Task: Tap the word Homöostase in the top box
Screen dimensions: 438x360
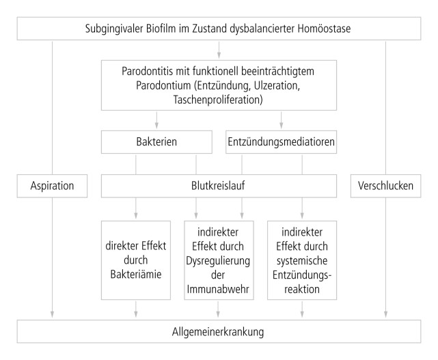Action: [x=324, y=29]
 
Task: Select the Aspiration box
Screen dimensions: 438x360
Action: [x=52, y=186]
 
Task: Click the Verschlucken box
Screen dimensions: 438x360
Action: [x=386, y=186]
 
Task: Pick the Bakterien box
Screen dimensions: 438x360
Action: [x=156, y=142]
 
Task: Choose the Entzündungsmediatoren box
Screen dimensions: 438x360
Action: [x=281, y=142]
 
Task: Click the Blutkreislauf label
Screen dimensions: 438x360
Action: [x=218, y=186]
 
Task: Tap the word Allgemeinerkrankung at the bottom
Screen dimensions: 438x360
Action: [x=218, y=332]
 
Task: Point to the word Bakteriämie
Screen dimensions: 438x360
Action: [x=136, y=274]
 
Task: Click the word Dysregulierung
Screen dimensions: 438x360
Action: [x=218, y=261]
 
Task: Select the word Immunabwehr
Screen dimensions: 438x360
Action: [x=218, y=289]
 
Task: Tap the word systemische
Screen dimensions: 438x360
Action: [x=302, y=260]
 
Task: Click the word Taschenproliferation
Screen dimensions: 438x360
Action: [x=218, y=100]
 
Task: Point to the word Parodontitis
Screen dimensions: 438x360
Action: [x=147, y=71]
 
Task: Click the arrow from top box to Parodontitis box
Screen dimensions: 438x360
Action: [x=219, y=50]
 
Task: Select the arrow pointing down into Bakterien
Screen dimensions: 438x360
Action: [x=156, y=120]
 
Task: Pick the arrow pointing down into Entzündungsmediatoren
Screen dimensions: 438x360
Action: [x=282, y=120]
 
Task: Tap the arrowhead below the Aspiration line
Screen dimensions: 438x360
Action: [x=52, y=314]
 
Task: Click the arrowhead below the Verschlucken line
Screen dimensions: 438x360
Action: [x=386, y=314]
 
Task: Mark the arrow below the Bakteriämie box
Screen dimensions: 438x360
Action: [x=136, y=309]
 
